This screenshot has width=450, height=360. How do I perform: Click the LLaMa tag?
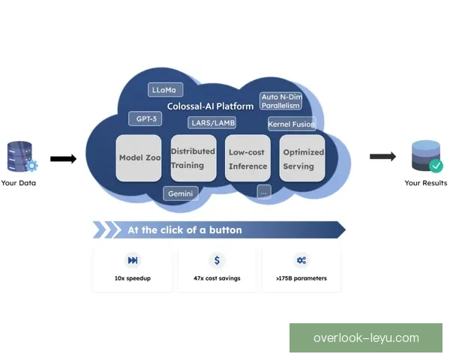point(166,90)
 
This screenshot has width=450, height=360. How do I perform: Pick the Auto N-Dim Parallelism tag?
point(280,100)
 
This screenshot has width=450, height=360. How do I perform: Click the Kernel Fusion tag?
point(291,124)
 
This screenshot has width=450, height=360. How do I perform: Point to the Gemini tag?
point(181,193)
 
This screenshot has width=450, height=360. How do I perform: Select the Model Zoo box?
point(140,158)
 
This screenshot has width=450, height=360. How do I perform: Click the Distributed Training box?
point(193,158)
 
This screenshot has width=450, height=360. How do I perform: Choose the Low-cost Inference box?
point(247,159)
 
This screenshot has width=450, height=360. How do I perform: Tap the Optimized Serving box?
point(303,158)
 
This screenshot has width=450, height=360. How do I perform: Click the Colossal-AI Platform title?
point(209,106)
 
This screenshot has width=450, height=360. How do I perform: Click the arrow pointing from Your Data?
point(63,159)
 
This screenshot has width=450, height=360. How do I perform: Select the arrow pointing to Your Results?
point(382,157)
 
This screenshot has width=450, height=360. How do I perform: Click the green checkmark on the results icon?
point(435,165)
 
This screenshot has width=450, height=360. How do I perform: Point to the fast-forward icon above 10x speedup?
point(133,260)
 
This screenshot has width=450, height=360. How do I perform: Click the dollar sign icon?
point(217,260)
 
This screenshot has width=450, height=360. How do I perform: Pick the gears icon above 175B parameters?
point(301,260)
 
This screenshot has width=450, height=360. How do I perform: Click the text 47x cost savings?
point(217,278)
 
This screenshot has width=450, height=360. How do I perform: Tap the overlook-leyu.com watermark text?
point(366,338)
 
